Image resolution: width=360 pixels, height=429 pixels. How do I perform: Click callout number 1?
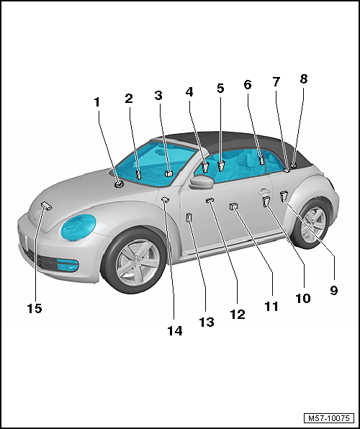click(96, 102)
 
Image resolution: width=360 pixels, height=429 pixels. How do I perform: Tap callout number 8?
click(304, 78)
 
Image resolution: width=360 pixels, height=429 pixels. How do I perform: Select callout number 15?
click(35, 308)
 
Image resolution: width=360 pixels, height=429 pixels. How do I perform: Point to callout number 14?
click(175, 331)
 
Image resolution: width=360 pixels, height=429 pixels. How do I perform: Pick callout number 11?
click(271, 306)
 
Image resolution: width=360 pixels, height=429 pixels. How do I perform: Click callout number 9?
click(333, 290)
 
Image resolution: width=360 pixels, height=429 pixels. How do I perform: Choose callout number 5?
click(220, 88)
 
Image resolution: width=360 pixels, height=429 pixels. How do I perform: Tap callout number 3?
click(158, 96)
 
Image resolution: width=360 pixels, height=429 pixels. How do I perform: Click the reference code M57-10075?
click(329, 418)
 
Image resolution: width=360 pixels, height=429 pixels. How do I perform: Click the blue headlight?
click(78, 227)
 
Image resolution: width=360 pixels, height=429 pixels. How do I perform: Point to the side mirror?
click(201, 182)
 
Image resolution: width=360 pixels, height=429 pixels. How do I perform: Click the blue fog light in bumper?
click(68, 265)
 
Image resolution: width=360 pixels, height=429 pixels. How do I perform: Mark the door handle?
click(264, 191)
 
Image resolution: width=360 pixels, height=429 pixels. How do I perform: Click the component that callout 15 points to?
click(46, 206)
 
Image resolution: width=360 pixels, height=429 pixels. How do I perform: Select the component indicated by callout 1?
click(119, 184)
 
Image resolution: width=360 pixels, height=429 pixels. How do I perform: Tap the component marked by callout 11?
click(233, 207)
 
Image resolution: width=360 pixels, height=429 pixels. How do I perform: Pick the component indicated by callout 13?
click(189, 218)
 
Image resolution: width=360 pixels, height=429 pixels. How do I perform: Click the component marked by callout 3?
click(169, 173)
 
